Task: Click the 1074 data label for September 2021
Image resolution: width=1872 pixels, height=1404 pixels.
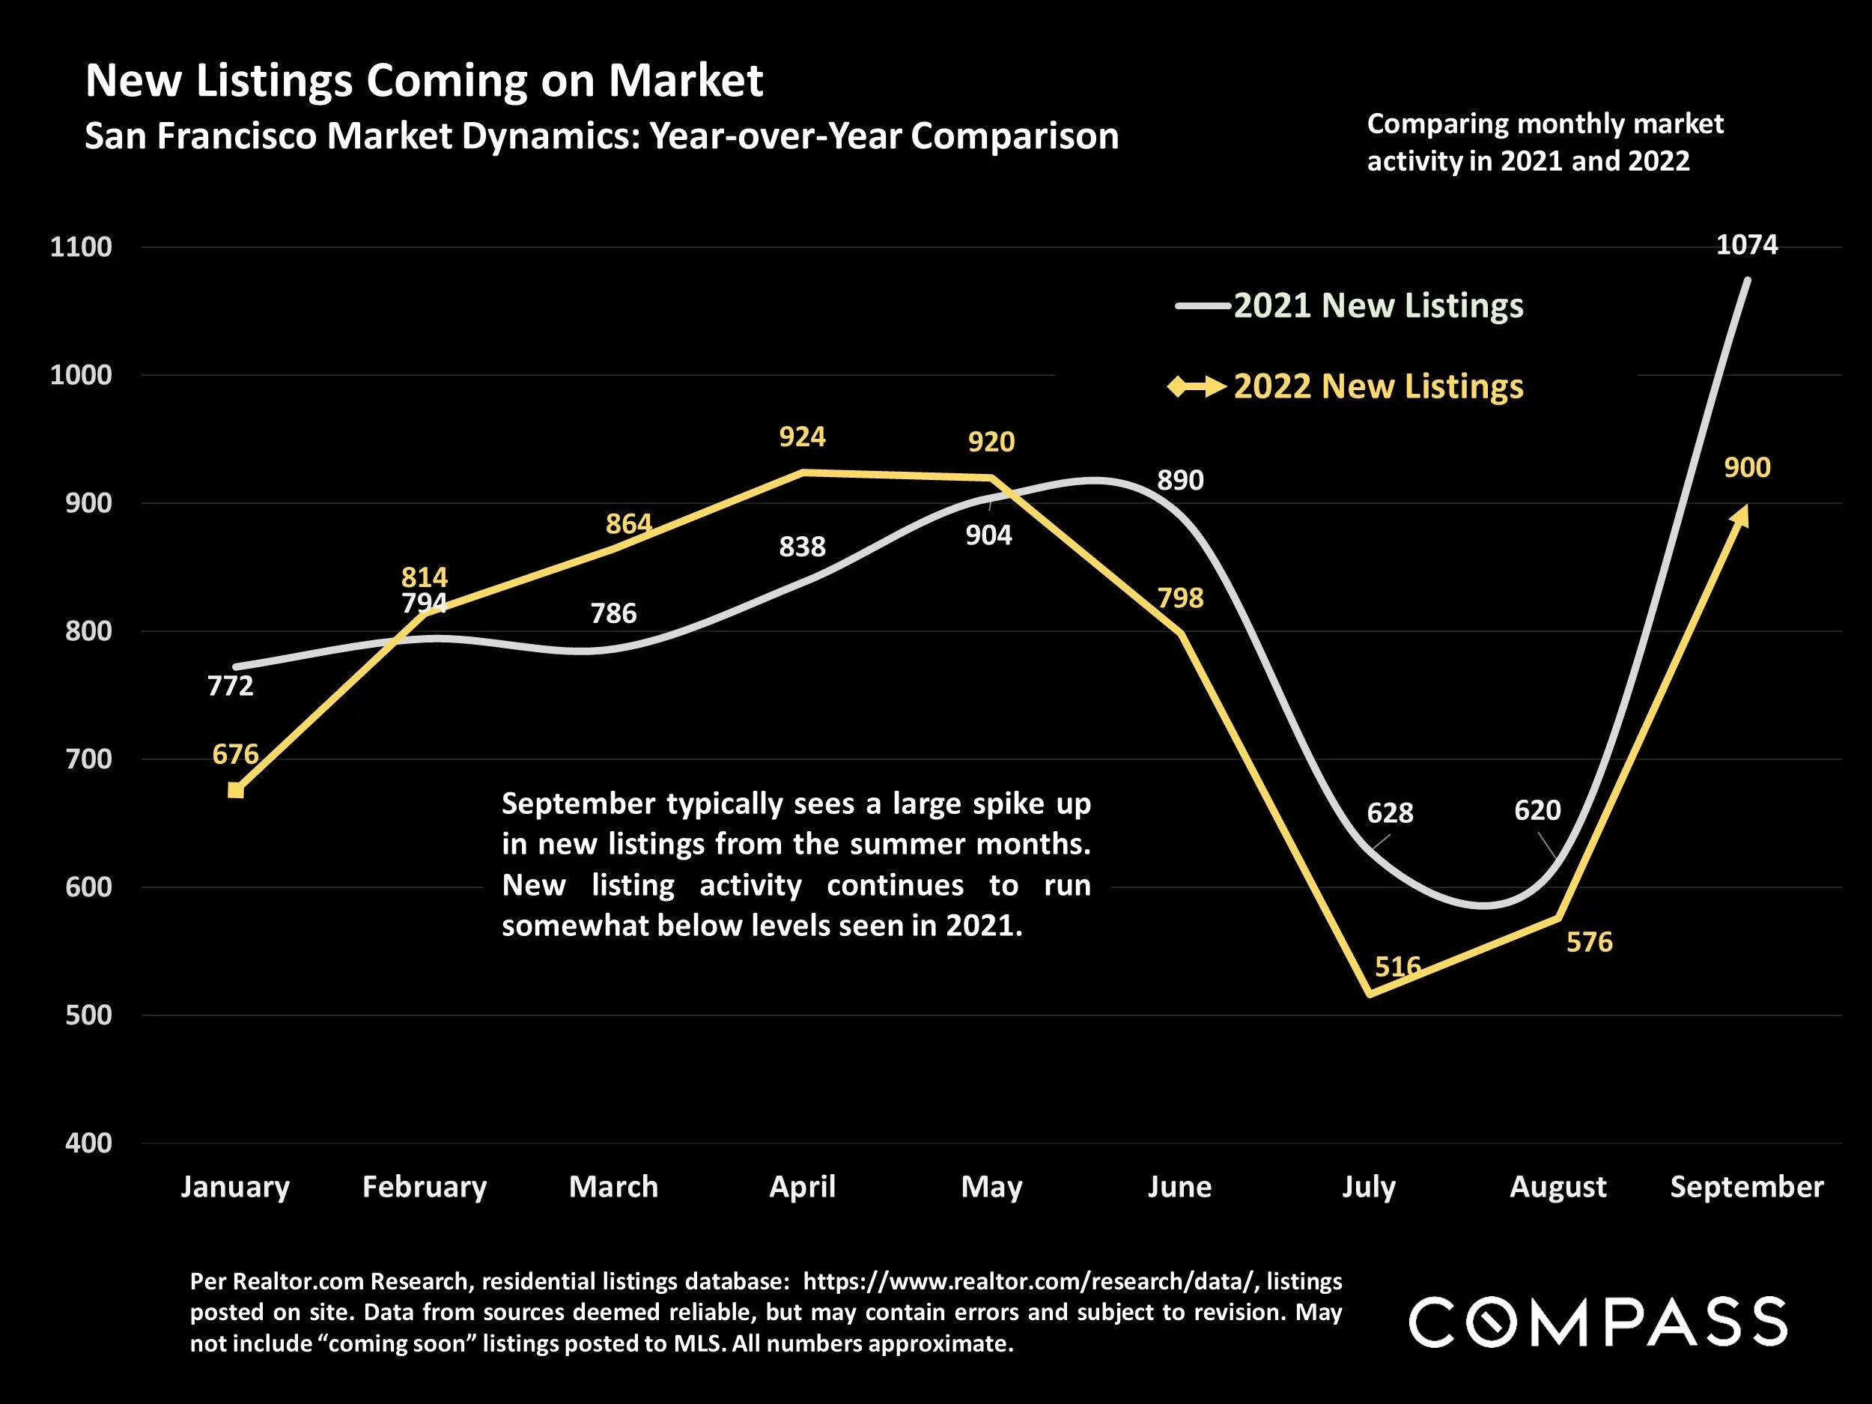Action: [1747, 246]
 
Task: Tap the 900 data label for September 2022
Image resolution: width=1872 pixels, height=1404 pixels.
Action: [1747, 467]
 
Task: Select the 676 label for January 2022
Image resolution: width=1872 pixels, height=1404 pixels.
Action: [235, 754]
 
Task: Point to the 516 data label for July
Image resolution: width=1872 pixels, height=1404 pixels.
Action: [1397, 967]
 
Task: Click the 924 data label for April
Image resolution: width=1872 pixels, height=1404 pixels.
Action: [801, 437]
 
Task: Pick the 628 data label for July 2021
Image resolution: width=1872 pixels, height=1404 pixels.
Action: [1390, 813]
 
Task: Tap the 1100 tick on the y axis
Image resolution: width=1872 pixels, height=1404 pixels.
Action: [80, 247]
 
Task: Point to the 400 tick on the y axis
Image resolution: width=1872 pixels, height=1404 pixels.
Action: [88, 1143]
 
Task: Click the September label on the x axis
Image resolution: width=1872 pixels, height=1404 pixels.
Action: [1747, 1187]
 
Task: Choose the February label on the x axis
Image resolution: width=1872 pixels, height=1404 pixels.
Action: [424, 1187]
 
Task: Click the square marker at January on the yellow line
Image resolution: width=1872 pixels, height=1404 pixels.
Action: [236, 791]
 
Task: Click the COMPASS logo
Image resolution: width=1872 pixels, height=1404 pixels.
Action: [1598, 1321]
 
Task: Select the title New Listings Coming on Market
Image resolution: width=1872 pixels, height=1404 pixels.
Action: [424, 81]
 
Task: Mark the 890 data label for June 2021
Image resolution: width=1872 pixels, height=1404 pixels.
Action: [1179, 481]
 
